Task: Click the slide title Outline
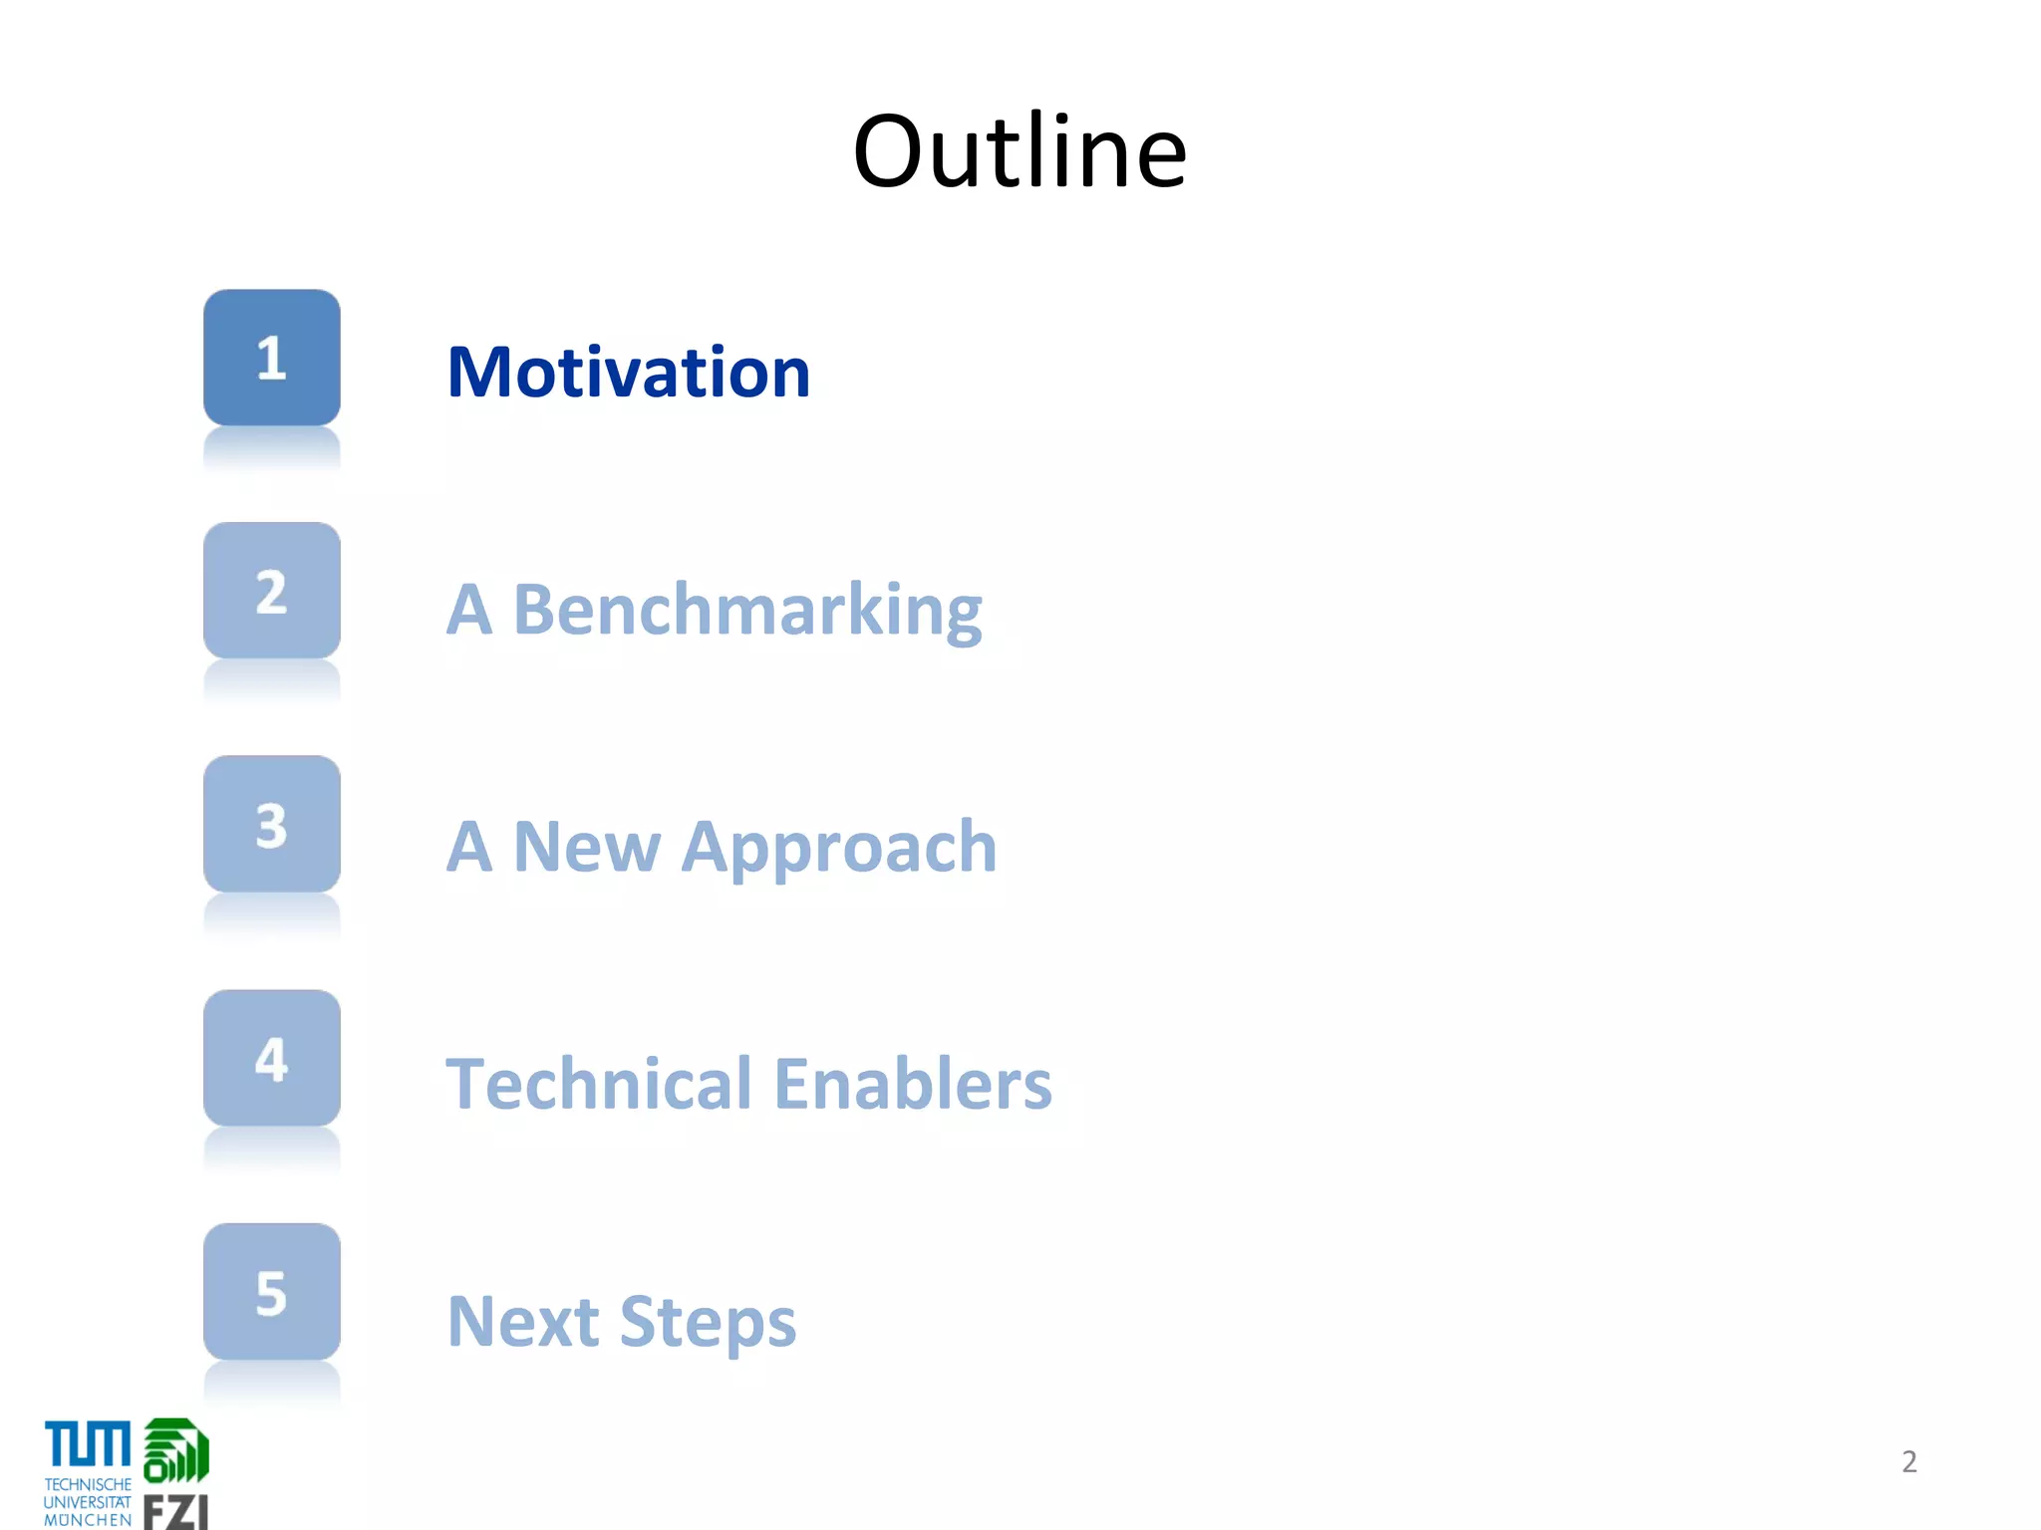point(1020,151)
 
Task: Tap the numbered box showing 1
point(272,358)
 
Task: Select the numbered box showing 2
point(272,591)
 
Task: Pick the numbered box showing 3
point(272,824)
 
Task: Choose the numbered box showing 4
point(272,1058)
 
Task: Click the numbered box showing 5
point(272,1292)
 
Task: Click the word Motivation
point(629,373)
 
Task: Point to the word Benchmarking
point(747,611)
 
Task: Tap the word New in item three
point(586,848)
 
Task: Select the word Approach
point(839,848)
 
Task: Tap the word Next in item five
point(522,1322)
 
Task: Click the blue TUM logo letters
point(88,1444)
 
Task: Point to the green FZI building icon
point(176,1451)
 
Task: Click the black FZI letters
point(175,1512)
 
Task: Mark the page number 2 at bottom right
point(1908,1461)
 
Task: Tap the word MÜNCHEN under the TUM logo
point(88,1520)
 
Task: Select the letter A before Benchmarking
point(468,610)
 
